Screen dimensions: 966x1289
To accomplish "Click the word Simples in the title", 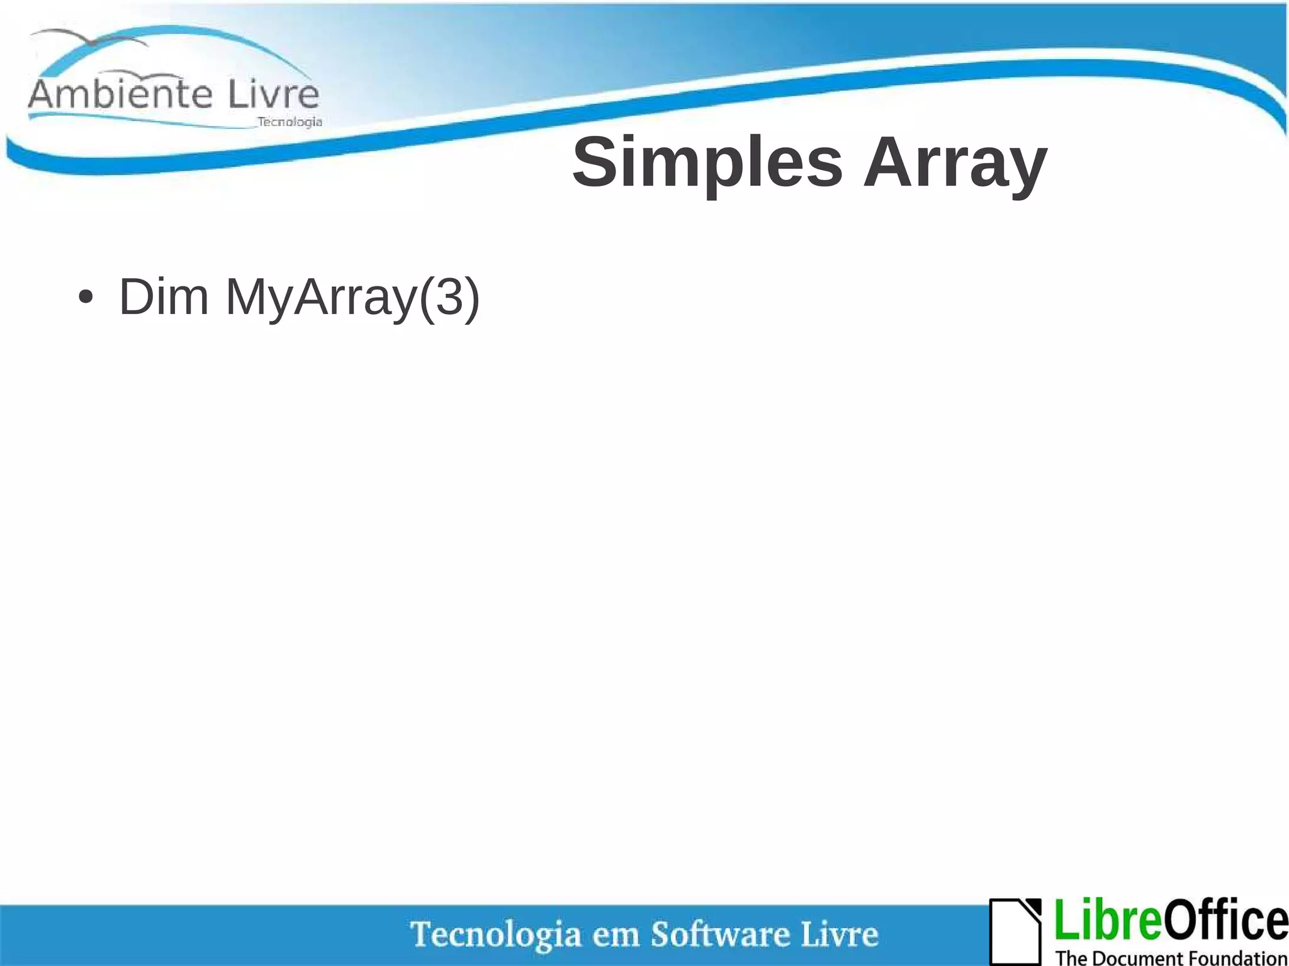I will (707, 164).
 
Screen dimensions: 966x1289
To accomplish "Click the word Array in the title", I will (955, 164).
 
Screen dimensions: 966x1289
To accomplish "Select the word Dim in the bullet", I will (164, 296).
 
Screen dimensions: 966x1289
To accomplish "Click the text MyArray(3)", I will (352, 298).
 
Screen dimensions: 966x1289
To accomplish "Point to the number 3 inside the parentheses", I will (449, 296).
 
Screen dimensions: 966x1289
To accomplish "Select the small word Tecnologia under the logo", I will (290, 121).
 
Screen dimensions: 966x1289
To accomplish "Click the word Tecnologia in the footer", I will (495, 935).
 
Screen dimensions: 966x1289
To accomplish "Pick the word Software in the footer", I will (719, 934).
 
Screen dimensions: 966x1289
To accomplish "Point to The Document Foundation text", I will (1171, 958).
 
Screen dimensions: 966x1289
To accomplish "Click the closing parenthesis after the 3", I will (472, 298).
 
